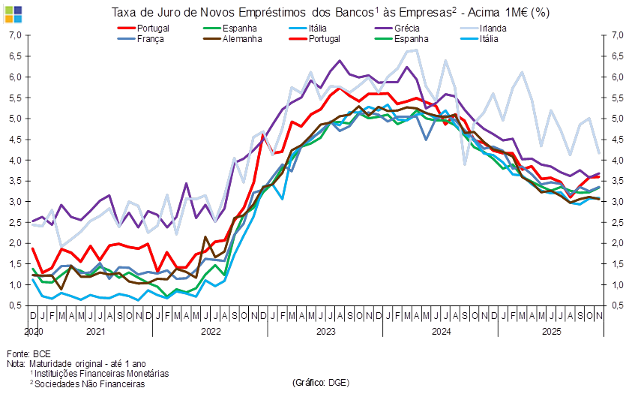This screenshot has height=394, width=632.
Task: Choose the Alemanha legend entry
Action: coord(239,38)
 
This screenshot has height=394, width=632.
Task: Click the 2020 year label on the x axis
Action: coord(34,330)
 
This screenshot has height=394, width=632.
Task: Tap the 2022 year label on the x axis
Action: coord(210,330)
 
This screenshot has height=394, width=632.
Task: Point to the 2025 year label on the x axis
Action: coord(552,330)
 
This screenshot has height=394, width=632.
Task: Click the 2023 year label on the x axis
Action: coord(325,330)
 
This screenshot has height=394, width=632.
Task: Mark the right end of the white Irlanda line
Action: coord(600,153)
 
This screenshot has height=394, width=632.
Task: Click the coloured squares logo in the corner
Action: coord(13,13)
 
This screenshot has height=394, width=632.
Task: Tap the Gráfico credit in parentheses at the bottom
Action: coord(320,383)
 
